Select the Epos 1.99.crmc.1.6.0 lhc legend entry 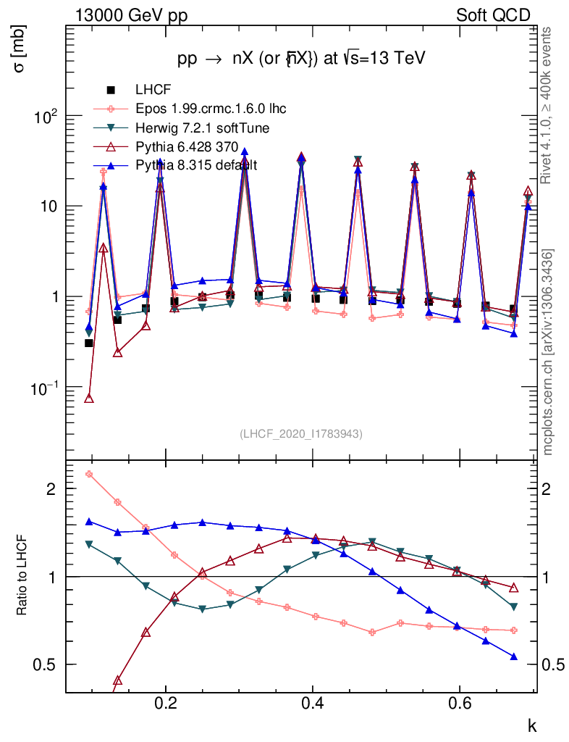(211, 109)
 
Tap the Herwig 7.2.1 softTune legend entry (203, 128)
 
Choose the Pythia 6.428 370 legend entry (187, 147)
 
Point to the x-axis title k (531, 725)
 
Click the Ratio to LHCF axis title (22, 575)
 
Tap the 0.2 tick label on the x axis (166, 704)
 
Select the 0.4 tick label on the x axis (313, 704)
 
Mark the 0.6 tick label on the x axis (459, 704)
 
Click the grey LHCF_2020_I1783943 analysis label (301, 433)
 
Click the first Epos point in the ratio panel (89, 475)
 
